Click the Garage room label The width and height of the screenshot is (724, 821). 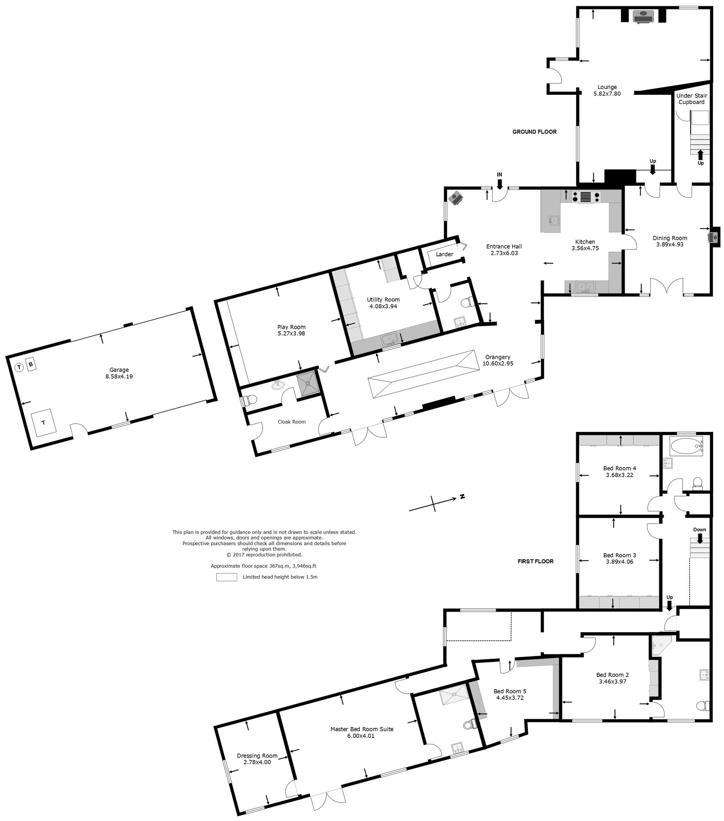[x=119, y=370]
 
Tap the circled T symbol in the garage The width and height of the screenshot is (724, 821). [x=19, y=367]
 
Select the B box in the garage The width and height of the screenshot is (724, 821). [x=31, y=364]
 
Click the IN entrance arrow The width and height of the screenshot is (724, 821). [x=500, y=183]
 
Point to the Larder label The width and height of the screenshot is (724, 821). [x=444, y=254]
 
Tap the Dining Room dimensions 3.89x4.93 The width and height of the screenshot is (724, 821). [x=670, y=244]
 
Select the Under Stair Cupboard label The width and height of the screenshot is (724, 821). [x=692, y=99]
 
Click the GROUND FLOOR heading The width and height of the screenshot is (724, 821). [x=534, y=132]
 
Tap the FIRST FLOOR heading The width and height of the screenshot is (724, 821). [x=535, y=561]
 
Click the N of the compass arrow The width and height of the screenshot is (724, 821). [x=462, y=496]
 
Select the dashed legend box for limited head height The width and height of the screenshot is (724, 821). [x=226, y=577]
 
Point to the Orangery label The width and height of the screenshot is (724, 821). [x=497, y=357]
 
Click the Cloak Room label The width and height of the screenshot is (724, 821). [x=292, y=422]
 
